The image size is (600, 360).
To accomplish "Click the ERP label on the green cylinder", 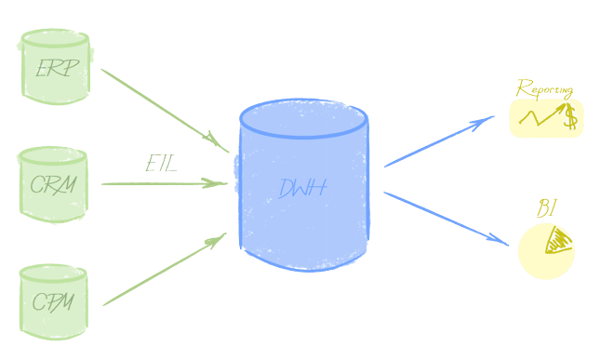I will [57, 68].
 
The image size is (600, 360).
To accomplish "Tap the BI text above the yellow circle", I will [546, 208].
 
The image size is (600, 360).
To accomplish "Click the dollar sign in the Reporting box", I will [570, 118].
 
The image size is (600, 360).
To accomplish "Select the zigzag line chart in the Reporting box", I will [540, 116].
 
